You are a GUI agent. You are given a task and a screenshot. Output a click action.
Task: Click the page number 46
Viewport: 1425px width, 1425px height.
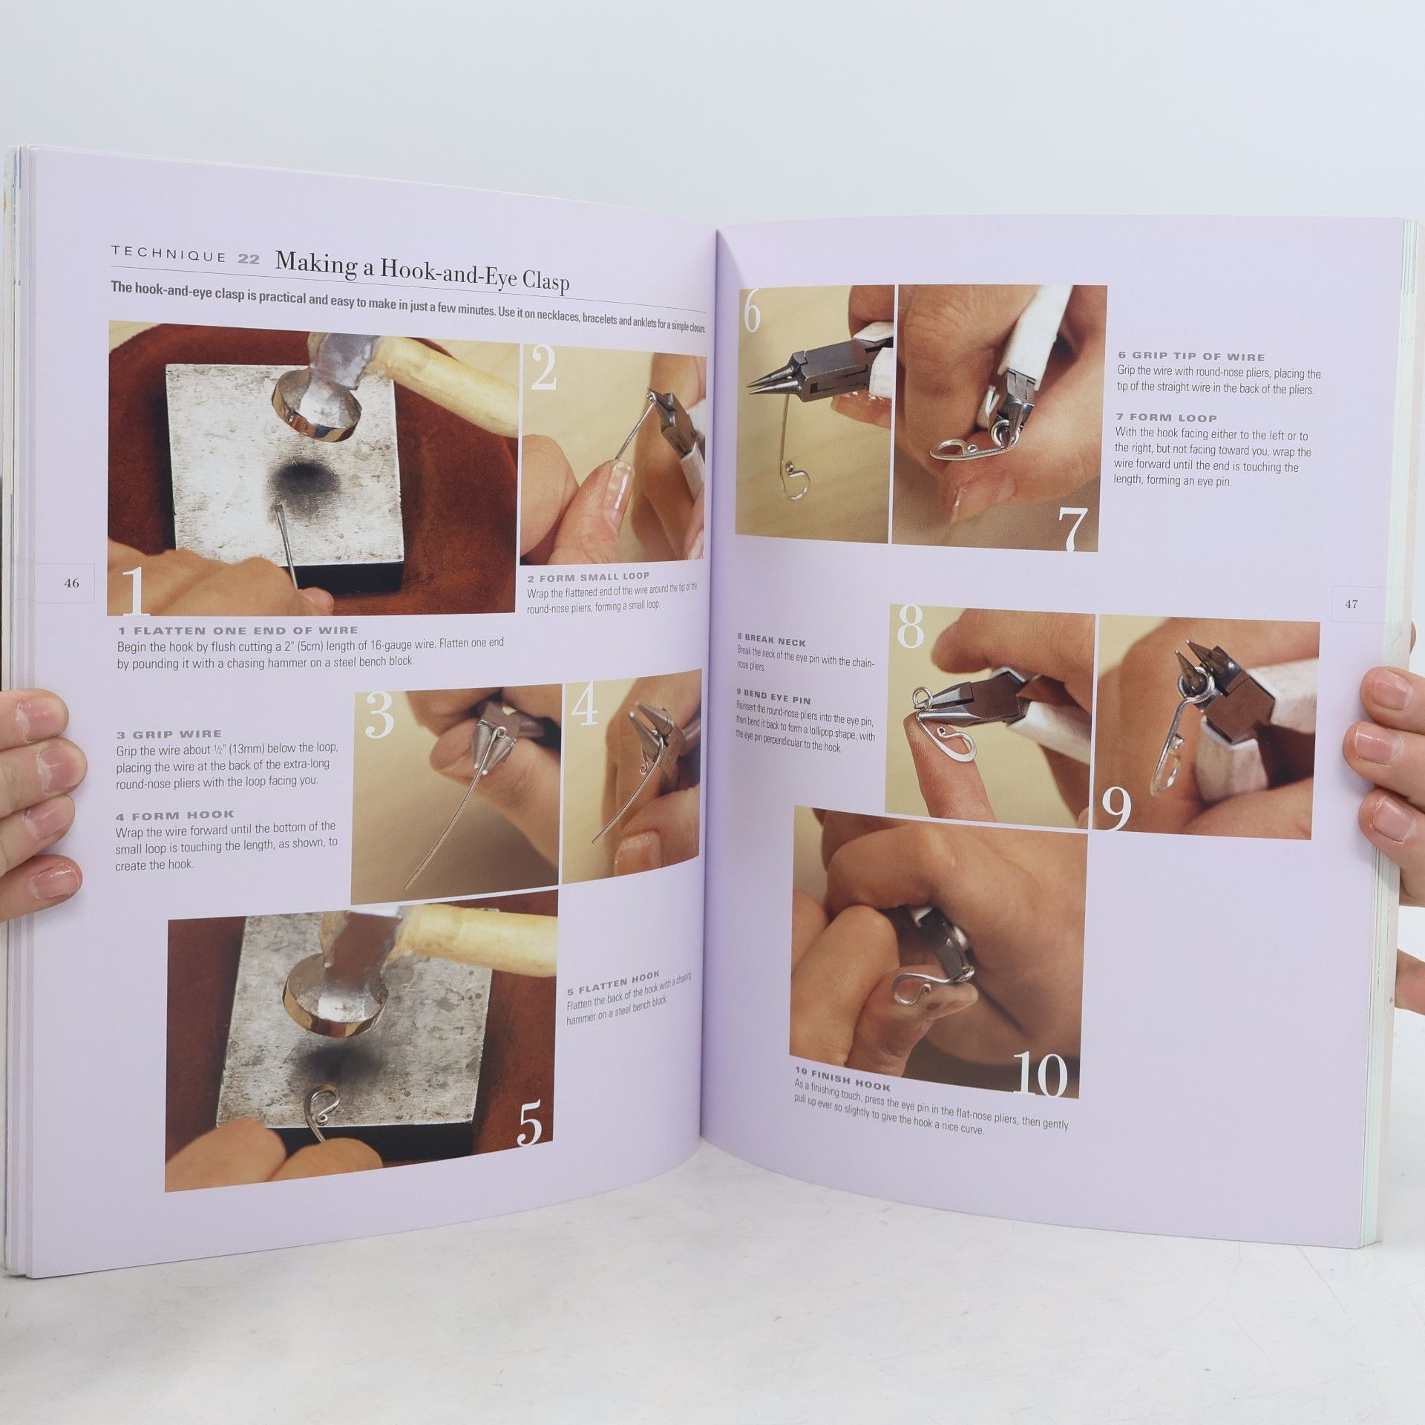[71, 583]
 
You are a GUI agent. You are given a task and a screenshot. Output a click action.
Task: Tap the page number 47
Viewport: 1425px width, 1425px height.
[1352, 604]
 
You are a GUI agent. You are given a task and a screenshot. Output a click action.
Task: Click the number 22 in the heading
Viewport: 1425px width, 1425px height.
[249, 259]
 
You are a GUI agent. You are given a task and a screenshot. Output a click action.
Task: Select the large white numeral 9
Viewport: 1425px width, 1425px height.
[1116, 809]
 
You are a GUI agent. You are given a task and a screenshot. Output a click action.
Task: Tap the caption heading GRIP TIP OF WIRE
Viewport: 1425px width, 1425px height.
[1191, 356]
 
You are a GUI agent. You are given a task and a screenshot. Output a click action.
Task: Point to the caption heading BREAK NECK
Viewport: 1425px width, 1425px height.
[771, 642]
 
